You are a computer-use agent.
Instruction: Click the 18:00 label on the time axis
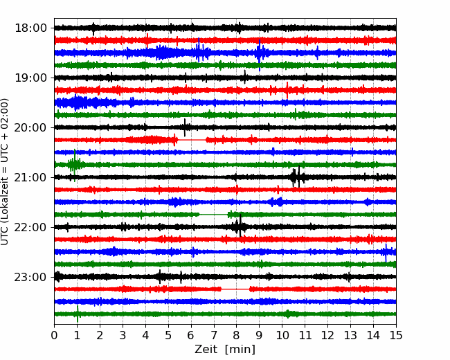[30, 28]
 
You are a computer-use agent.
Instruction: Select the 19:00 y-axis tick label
[30, 78]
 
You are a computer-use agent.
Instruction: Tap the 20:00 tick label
[30, 127]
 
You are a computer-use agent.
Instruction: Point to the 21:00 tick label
[30, 177]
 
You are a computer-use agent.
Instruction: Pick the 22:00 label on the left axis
[30, 227]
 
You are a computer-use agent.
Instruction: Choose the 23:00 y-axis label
[30, 277]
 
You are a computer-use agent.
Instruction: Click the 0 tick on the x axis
[54, 335]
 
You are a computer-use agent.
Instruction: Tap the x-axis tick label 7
[214, 335]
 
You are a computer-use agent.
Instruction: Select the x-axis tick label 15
[396, 335]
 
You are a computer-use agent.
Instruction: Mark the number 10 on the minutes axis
[282, 335]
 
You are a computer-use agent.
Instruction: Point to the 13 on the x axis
[350, 335]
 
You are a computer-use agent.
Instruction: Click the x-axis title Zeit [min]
[225, 350]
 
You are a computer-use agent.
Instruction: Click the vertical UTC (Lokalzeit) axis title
[5, 172]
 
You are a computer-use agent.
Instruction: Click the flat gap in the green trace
[214, 215]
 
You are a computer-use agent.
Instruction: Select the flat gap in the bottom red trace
[235, 289]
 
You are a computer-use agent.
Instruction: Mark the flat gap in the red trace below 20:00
[192, 140]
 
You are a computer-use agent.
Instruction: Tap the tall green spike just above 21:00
[75, 165]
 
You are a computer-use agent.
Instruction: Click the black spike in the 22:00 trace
[240, 226]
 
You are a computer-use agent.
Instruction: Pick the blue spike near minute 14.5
[386, 253]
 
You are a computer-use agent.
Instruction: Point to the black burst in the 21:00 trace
[296, 177]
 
